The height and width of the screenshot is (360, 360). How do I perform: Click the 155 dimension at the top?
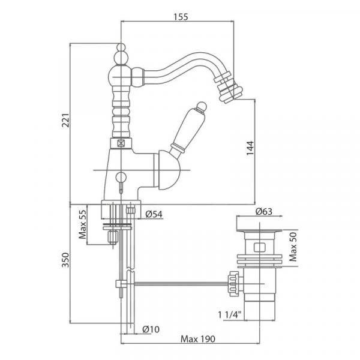click(x=178, y=17)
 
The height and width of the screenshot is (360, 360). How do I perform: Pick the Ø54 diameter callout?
click(x=154, y=214)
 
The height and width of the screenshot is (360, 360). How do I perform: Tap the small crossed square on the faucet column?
click(x=122, y=143)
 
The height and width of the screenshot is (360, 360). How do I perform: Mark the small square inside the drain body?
click(x=260, y=246)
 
